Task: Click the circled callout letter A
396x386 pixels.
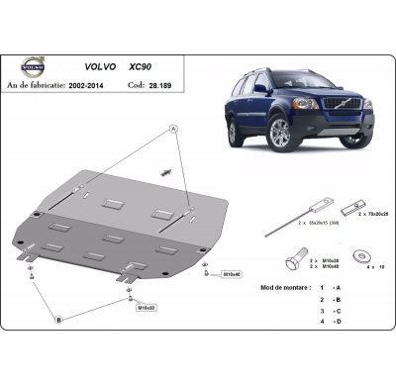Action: [173, 130]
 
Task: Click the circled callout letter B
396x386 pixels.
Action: [57, 319]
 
